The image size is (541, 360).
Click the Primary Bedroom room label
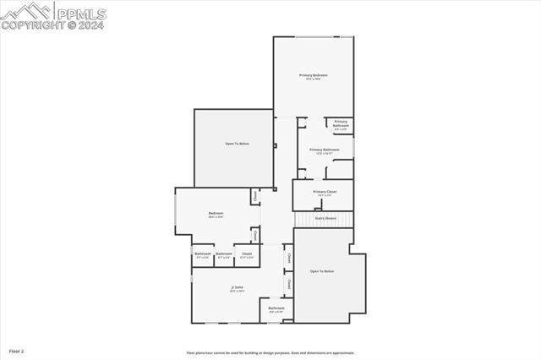tap(313, 76)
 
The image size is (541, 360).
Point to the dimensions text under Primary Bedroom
tap(313, 80)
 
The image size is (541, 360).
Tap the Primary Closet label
tap(325, 192)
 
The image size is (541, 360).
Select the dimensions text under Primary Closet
tap(325, 196)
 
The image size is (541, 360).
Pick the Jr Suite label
tap(238, 287)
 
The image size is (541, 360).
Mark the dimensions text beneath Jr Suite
tap(238, 292)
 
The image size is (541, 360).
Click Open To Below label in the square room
tap(237, 144)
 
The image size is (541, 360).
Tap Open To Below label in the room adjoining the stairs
tap(322, 271)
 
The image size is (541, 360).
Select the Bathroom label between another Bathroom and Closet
tap(224, 254)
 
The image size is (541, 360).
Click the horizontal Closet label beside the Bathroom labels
tap(247, 254)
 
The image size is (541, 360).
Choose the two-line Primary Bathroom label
tap(340, 123)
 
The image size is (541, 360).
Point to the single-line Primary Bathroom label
tap(325, 150)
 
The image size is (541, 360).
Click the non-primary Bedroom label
tap(216, 213)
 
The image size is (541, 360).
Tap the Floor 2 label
tap(17, 350)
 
